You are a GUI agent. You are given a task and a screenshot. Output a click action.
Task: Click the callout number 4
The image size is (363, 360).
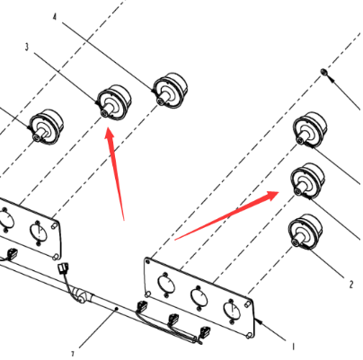click(x=55, y=17)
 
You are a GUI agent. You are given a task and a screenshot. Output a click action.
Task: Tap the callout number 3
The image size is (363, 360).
click(x=27, y=47)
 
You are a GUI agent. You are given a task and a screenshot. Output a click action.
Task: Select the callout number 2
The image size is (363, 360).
click(x=351, y=284)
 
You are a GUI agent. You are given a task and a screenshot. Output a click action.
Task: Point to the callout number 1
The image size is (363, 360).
click(x=294, y=347)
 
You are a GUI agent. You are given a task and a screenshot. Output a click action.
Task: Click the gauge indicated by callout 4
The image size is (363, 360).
click(x=170, y=90)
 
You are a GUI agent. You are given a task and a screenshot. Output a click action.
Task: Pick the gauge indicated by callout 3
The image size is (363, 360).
click(x=114, y=102)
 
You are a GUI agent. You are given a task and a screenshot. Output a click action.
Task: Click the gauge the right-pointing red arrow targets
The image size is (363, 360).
click(x=307, y=180)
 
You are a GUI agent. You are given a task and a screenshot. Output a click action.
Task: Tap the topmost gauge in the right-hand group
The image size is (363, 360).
click(x=310, y=130)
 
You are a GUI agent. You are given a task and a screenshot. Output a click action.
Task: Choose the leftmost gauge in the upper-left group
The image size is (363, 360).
click(x=46, y=127)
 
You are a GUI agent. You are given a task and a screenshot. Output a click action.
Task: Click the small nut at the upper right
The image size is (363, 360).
click(x=323, y=72)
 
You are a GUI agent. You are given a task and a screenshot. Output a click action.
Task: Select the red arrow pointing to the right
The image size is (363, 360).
click(x=227, y=215)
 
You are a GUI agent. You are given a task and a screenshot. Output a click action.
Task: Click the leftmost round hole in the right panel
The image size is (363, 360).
click(x=166, y=284)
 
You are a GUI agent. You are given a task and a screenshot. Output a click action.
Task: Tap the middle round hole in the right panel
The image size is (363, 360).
click(x=199, y=297)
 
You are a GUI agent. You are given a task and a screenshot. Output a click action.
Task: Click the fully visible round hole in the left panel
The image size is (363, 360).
click(x=39, y=233)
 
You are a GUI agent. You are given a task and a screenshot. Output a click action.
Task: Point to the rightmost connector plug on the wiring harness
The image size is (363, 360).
click(x=205, y=332)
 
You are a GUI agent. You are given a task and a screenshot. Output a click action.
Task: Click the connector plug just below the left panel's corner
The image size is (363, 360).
click(x=64, y=268)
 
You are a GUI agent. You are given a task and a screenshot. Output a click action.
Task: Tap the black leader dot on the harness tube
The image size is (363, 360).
click(x=117, y=309)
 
